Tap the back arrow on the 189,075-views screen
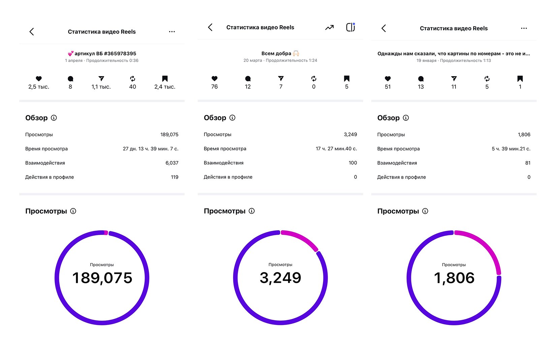(32, 32)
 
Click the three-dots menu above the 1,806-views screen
(524, 28)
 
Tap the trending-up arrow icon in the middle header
(329, 28)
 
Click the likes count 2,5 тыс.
(39, 87)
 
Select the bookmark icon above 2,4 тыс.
(165, 79)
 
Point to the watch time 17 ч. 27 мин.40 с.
(336, 149)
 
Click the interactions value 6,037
(172, 163)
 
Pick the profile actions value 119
(175, 177)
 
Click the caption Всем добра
(277, 53)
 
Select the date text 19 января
(426, 61)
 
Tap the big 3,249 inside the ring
(280, 278)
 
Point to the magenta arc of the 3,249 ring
(301, 238)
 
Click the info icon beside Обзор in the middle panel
(232, 118)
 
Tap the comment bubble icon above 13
(421, 79)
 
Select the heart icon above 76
(215, 79)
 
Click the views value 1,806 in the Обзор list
(524, 134)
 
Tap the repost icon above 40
(133, 79)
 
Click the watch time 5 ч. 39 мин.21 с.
(511, 149)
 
